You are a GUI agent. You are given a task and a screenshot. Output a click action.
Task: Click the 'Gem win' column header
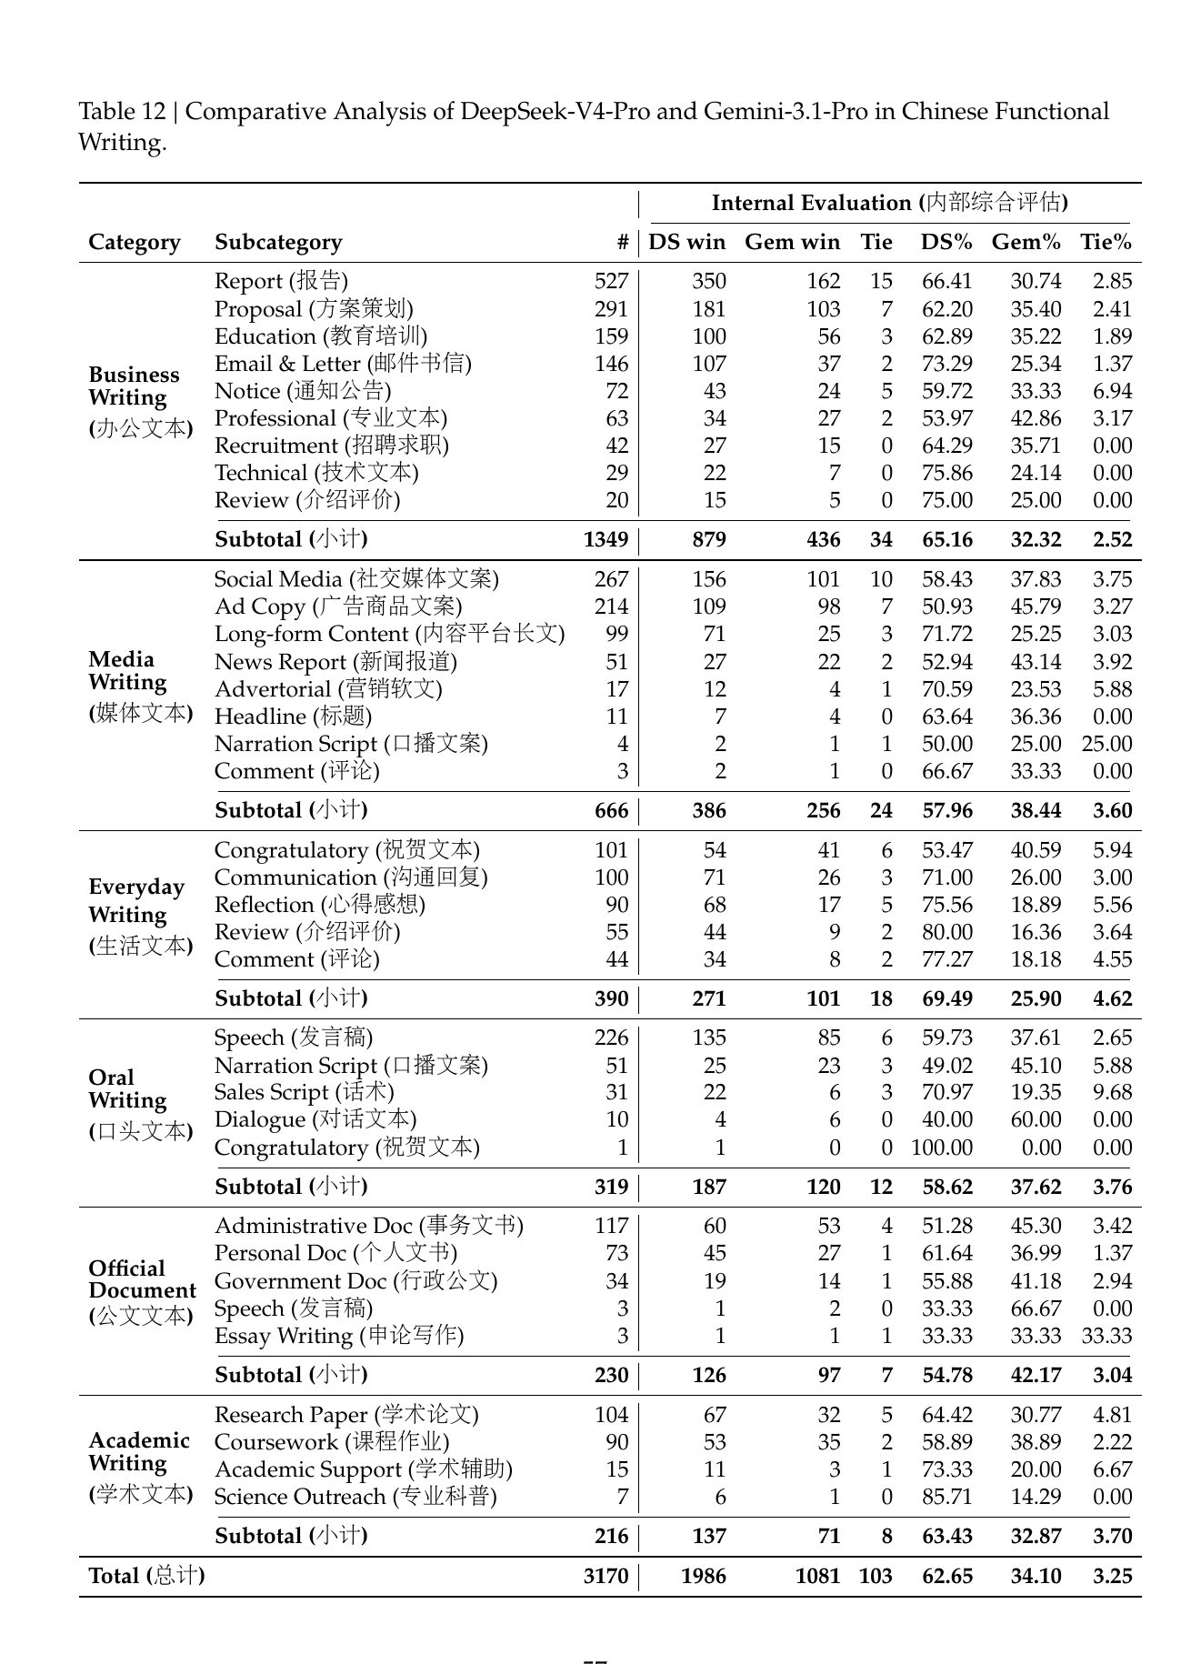pyautogui.click(x=792, y=243)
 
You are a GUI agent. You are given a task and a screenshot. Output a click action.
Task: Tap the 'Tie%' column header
pyautogui.click(x=1106, y=243)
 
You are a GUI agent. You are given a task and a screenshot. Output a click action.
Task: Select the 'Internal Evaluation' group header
pyautogui.click(x=889, y=203)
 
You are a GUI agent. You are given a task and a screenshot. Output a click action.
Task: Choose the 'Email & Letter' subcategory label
pyautogui.click(x=343, y=364)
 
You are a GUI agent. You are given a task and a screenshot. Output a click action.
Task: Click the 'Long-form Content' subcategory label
pyautogui.click(x=389, y=634)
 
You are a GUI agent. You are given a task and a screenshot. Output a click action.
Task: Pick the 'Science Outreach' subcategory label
pyautogui.click(x=355, y=1497)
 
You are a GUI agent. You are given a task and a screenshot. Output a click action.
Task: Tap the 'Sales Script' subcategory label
pyautogui.click(x=304, y=1092)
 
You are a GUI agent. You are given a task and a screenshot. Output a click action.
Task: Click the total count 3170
pyautogui.click(x=606, y=1576)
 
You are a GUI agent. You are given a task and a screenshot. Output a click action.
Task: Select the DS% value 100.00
pyautogui.click(x=942, y=1148)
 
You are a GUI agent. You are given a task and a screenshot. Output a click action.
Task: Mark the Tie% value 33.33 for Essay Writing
pyautogui.click(x=1106, y=1336)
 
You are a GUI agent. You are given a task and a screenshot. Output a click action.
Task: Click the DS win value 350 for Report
pyautogui.click(x=709, y=282)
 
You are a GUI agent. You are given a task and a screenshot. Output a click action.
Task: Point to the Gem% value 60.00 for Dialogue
pyautogui.click(x=1036, y=1119)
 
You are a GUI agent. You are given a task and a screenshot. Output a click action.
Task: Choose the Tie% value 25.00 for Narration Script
pyautogui.click(x=1106, y=744)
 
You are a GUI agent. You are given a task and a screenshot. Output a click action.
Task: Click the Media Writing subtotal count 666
pyautogui.click(x=611, y=810)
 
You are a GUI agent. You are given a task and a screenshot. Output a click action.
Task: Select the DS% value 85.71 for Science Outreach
pyautogui.click(x=947, y=1497)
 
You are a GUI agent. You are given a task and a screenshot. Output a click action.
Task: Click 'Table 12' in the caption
pyautogui.click(x=122, y=112)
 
